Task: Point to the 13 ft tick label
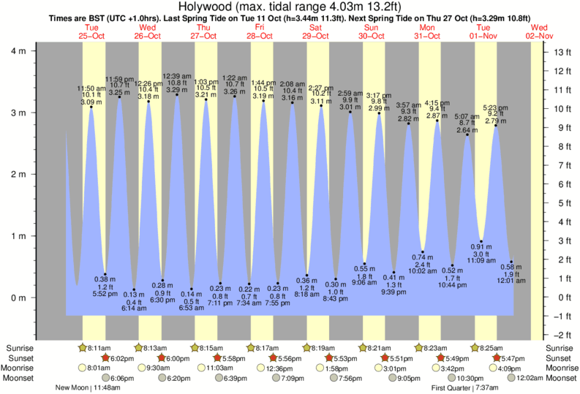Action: pos(563,52)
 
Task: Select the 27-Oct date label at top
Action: pos(203,35)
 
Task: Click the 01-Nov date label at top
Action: pos(483,35)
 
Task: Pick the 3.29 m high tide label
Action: pos(177,88)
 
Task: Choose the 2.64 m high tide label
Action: pos(467,131)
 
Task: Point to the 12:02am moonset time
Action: pos(530,378)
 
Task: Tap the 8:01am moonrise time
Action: pos(98,368)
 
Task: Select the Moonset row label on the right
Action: pos(561,378)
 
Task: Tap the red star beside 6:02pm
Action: pos(106,358)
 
